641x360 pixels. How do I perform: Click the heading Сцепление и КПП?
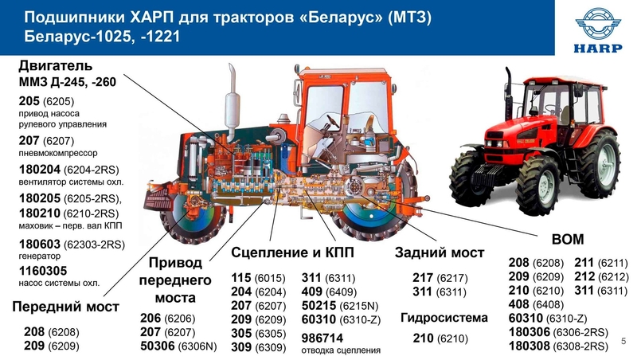point(292,252)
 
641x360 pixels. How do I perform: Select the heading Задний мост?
point(440,252)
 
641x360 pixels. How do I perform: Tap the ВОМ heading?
point(568,239)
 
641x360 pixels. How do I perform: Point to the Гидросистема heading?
point(444,318)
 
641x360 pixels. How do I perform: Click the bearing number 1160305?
point(43,271)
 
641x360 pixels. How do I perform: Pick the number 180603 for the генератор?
point(40,245)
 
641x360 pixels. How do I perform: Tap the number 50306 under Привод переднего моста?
point(158,346)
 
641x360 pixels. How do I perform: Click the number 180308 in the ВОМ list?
point(530,346)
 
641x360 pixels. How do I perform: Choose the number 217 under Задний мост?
point(422,278)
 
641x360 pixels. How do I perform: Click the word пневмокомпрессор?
point(58,153)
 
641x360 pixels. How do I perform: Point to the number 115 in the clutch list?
point(241,278)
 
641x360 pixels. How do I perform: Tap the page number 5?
point(623,341)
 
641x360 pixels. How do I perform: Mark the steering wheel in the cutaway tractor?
point(332,121)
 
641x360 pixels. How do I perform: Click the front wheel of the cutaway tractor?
point(192,216)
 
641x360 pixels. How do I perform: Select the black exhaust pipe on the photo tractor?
point(509,93)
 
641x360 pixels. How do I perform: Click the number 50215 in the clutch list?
point(319,306)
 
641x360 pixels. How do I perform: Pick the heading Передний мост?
point(66,307)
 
